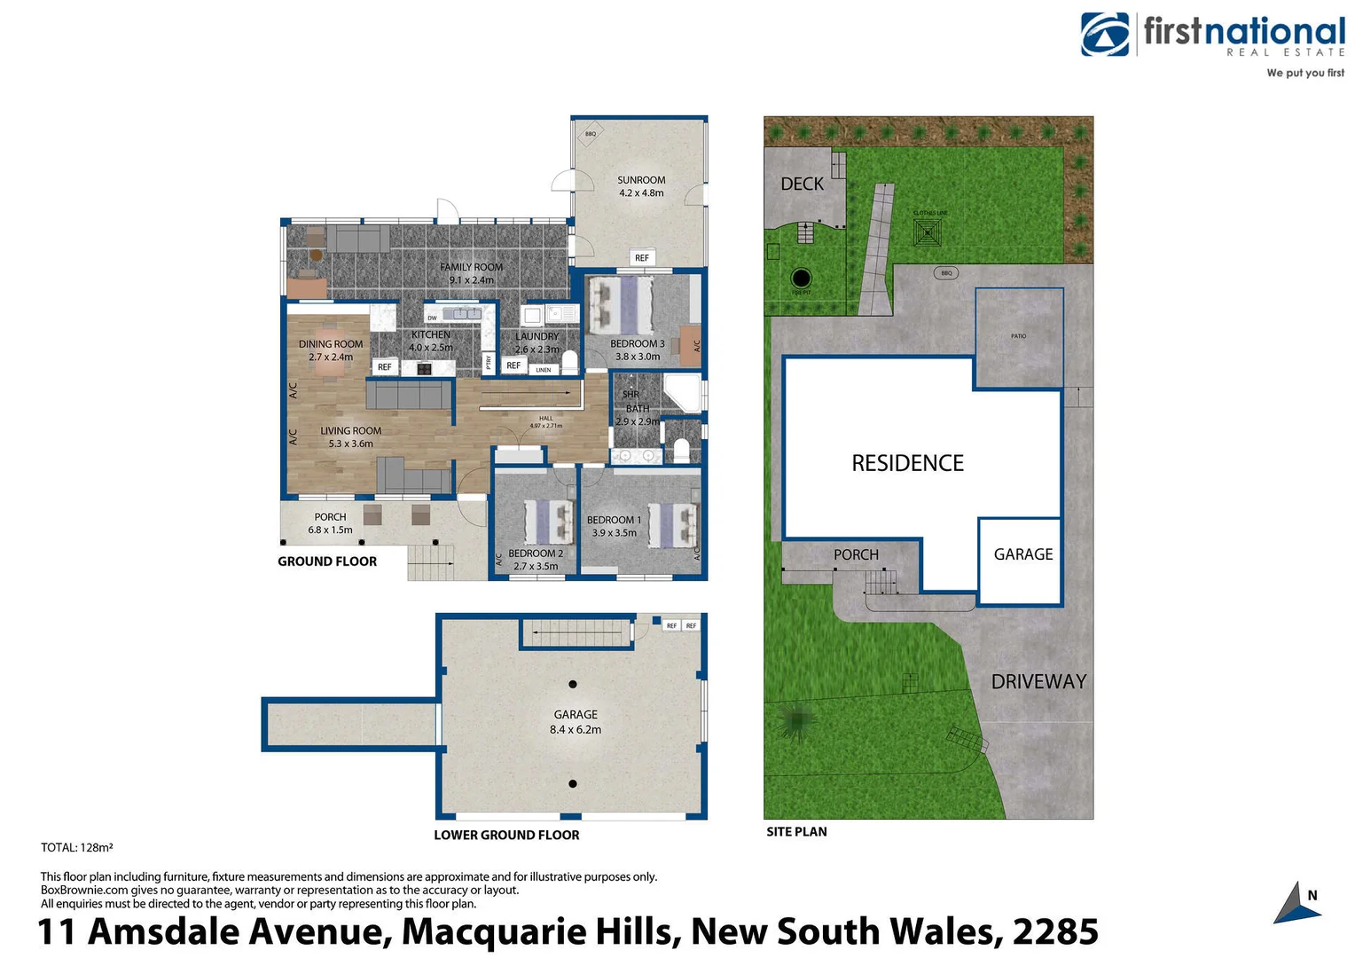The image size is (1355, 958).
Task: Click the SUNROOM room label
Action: [641, 180]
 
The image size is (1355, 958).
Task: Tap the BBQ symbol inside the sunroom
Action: [591, 134]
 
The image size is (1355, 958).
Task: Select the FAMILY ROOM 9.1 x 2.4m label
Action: [471, 267]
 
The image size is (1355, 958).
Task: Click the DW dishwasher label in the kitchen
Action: [432, 318]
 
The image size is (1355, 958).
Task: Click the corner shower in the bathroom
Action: [682, 392]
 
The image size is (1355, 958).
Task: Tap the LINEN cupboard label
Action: [544, 370]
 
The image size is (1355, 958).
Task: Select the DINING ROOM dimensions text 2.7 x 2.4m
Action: [331, 357]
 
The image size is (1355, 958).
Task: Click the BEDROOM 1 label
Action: [614, 521]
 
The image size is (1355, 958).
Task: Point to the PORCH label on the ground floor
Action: [330, 517]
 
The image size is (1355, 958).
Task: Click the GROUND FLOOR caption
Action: [327, 561]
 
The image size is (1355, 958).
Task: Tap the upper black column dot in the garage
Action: [573, 684]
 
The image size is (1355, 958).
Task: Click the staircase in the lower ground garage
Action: [577, 633]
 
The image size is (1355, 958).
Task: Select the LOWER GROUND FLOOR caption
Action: [506, 836]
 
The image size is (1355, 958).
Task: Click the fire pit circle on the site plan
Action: [801, 278]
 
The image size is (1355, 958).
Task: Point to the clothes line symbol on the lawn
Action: [928, 233]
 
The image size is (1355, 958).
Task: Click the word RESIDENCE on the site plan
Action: [907, 463]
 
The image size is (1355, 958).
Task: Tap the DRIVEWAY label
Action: [1038, 682]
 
